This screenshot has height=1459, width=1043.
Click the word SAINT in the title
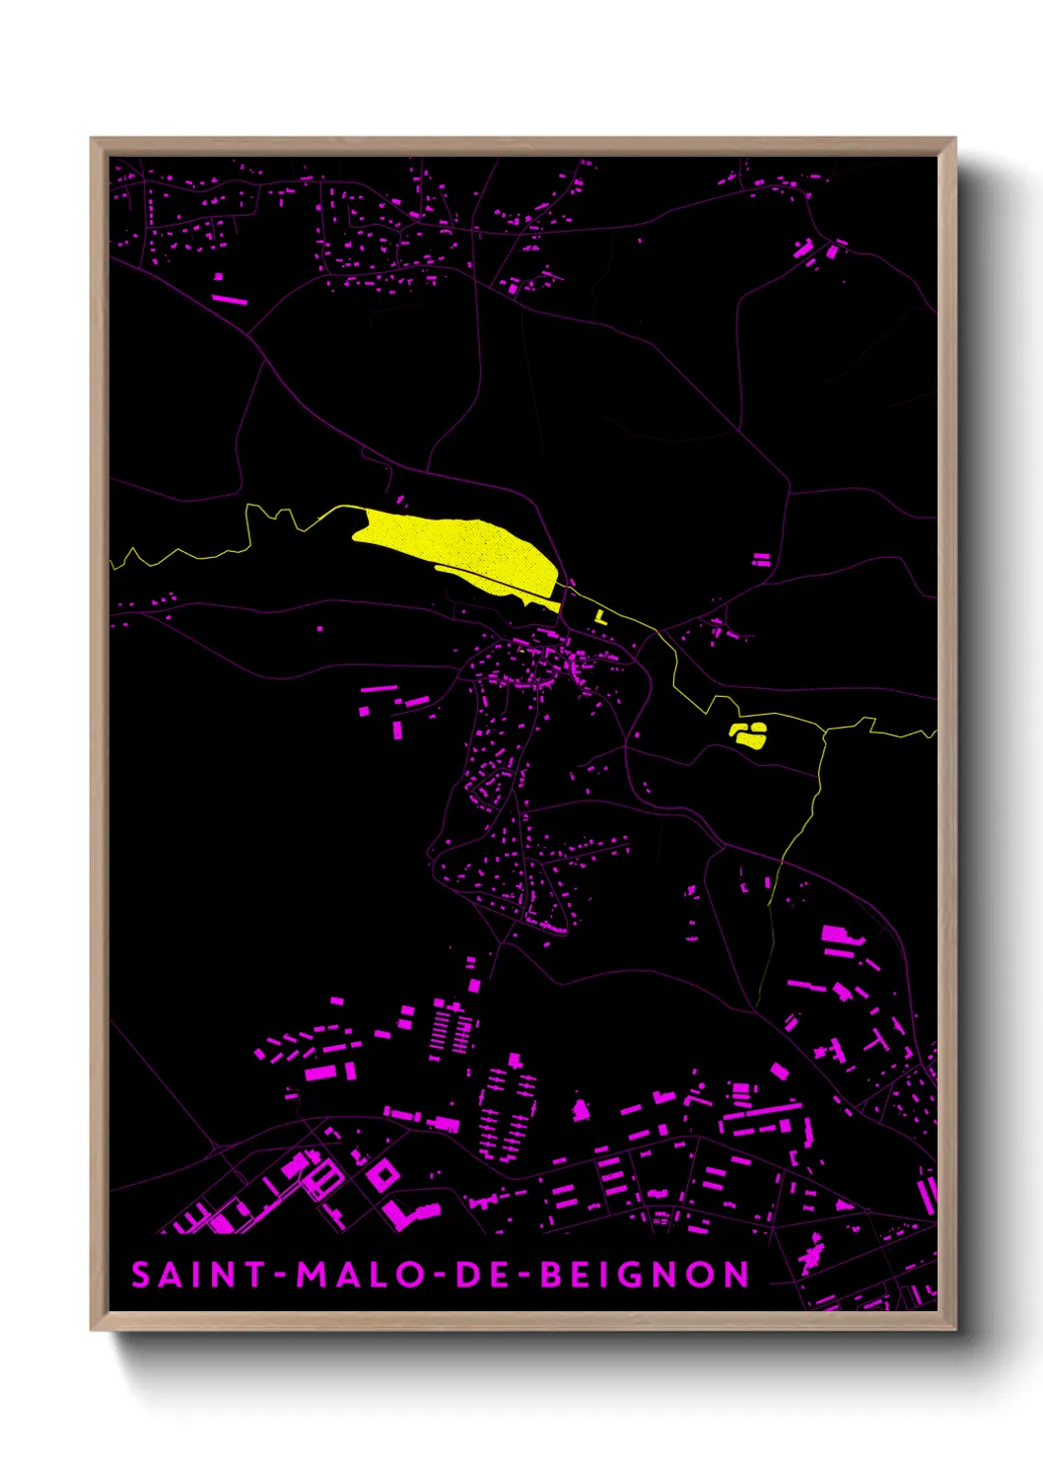(198, 1275)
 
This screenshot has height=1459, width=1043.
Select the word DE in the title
(482, 1275)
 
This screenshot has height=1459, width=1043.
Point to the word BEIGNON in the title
(646, 1275)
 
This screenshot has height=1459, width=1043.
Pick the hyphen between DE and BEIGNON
(524, 1276)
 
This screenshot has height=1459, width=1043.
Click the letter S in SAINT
(141, 1275)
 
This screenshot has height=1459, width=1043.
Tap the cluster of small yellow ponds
(748, 733)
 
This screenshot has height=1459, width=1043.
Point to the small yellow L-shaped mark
(599, 617)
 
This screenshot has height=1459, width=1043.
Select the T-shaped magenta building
(876, 1042)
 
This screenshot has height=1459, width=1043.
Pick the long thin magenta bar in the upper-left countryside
(229, 298)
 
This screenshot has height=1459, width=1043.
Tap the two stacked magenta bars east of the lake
(761, 560)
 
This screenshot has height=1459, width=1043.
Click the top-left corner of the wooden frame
(92, 139)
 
